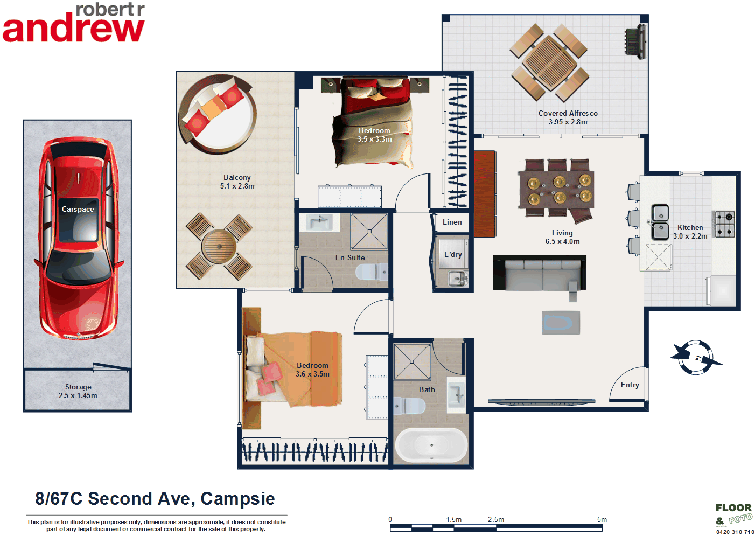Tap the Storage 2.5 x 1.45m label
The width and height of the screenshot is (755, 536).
(x=78, y=391)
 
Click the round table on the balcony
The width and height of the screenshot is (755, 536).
(x=219, y=246)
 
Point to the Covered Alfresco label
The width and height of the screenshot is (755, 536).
(x=568, y=117)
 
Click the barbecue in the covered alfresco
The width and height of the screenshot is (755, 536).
(x=635, y=41)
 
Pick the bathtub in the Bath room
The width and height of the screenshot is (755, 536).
(x=431, y=445)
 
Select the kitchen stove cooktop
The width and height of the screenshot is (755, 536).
(x=724, y=224)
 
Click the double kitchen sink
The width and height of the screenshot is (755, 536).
(x=660, y=221)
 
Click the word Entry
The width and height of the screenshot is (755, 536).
(x=630, y=385)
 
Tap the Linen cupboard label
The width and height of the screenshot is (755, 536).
(x=452, y=222)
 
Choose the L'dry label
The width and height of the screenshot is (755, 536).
(x=453, y=254)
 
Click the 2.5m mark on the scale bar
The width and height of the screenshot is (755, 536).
(x=496, y=520)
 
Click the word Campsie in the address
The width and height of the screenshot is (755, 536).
(x=237, y=499)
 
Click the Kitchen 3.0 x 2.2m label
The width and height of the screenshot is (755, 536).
(x=690, y=232)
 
